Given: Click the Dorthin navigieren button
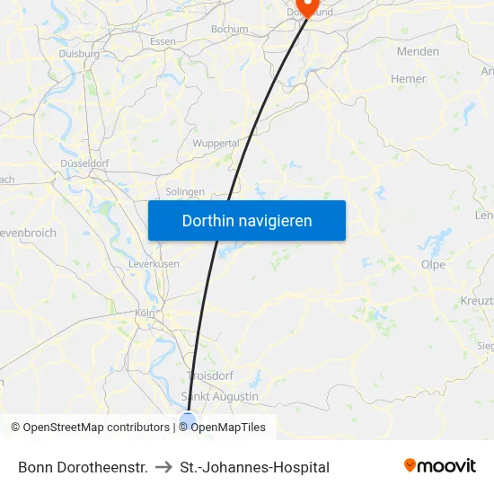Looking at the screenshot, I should pos(247,220).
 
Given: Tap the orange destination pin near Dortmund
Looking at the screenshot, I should pos(307,7).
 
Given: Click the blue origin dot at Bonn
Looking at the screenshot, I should pos(188,419).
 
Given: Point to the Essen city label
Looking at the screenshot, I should pos(163,42).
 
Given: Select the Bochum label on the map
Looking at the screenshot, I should pos(229,30).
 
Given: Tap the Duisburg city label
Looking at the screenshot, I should pos(79,54).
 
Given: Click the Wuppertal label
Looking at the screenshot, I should pos(216,143).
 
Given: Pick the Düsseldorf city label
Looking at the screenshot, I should pos(84,163).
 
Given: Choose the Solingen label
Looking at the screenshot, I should pos(186,191).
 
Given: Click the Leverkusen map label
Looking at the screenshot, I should pos(154,264).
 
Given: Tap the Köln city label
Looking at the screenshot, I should pos(145,313).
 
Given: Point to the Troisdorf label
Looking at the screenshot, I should pos(208,376).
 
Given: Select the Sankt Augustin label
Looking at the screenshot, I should pos(220,396).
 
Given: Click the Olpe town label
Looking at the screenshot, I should pos(433,264).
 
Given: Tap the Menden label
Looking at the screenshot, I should pos(418,51).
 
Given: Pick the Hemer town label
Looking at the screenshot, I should pos(409,79).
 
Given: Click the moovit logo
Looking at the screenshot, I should pos(440,466).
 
